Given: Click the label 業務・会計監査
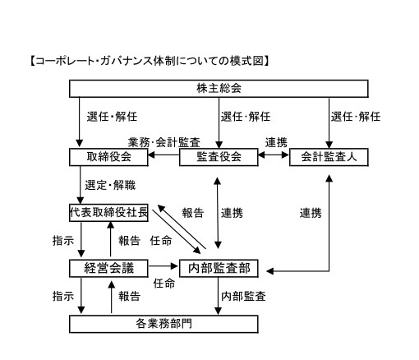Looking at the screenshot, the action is (164, 142).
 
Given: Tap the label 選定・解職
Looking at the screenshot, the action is (110, 185).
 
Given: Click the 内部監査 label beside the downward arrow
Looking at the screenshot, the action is (243, 296).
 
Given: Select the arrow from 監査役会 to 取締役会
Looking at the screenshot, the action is (163, 155).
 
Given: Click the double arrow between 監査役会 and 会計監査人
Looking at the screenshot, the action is (274, 155).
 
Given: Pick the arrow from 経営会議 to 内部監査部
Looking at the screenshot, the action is (163, 265).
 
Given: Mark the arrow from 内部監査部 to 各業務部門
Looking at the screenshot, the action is (218, 296).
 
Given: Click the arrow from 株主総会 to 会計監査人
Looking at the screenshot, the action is (329, 123).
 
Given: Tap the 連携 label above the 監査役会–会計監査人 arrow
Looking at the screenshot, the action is (276, 142).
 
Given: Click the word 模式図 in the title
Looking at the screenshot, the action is (246, 61).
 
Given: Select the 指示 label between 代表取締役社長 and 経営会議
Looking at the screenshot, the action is (63, 241).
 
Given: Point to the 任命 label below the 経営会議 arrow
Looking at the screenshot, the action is (164, 284).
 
